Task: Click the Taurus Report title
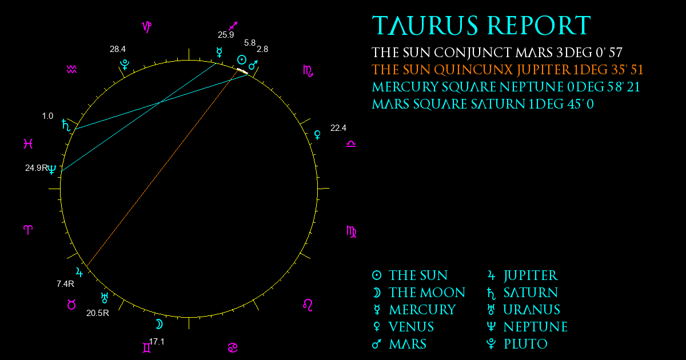point(481,25)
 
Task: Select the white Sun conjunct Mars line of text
point(497,53)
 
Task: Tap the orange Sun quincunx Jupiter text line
point(508,70)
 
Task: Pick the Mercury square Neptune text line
point(506,87)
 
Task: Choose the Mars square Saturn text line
point(482,104)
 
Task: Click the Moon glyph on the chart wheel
point(159,324)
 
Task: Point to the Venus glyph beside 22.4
point(318,135)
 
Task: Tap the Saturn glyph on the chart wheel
point(66,125)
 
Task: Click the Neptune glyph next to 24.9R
point(52,169)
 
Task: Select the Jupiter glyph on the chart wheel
point(79,272)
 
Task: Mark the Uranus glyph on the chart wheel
point(105,298)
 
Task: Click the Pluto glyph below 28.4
point(125,65)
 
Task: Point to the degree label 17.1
point(157,342)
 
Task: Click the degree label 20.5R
point(98,313)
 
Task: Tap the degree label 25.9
point(226,35)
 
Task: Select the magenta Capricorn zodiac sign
point(147,27)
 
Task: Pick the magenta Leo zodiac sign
point(308,305)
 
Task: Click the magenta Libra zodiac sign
point(351,144)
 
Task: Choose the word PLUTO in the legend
point(525,344)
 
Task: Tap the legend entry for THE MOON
point(419,293)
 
